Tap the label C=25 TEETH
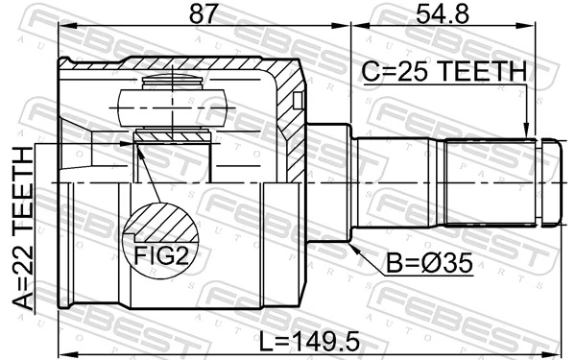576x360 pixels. pyautogui.click(x=444, y=72)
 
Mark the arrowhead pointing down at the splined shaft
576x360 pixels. pyautogui.click(x=526, y=133)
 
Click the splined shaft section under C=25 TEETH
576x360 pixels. pyautogui.click(x=490, y=182)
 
